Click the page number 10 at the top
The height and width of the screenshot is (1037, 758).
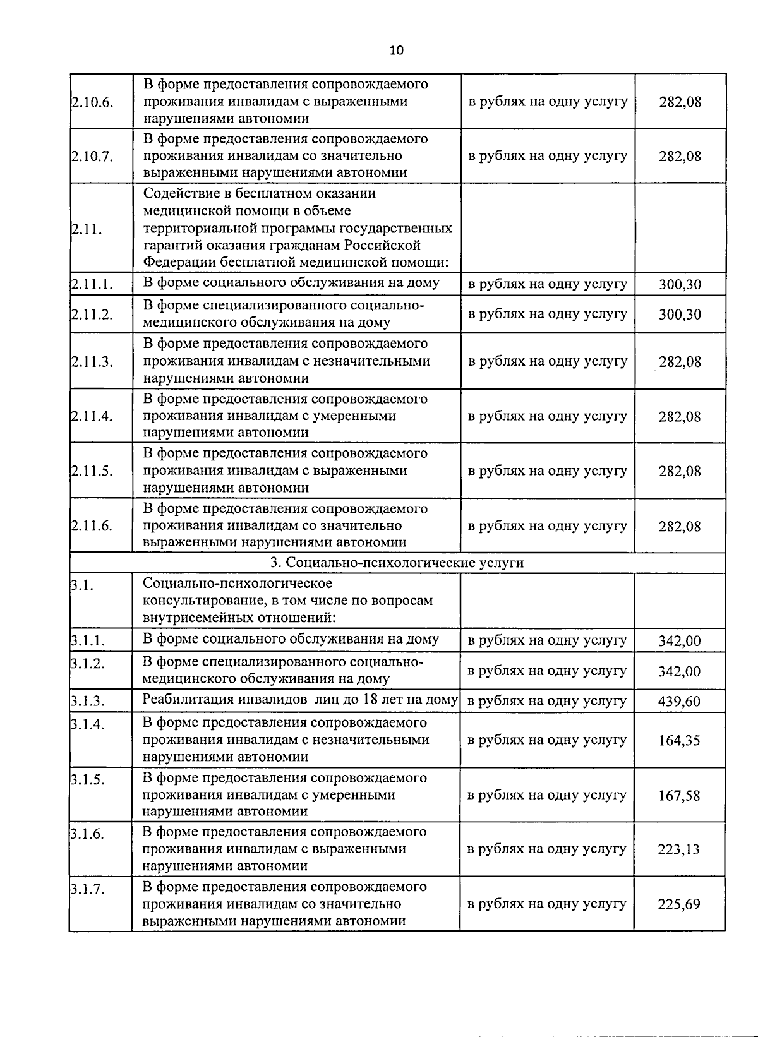(397, 51)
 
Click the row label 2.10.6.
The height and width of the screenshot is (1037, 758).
(92, 102)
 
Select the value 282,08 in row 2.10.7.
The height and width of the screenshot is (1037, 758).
(680, 156)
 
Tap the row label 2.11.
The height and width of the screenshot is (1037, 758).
(87, 229)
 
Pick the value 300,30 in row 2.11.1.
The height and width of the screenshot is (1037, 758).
(680, 284)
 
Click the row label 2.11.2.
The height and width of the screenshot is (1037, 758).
(92, 314)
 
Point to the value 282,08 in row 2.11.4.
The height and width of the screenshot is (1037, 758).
(680, 417)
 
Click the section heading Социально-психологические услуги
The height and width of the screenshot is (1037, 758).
(397, 563)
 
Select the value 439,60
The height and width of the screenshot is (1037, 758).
(679, 702)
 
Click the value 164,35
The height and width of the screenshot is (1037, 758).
(679, 740)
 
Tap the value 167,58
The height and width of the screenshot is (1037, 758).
(679, 796)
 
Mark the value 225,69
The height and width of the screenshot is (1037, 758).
(679, 904)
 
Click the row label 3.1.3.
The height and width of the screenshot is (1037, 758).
(87, 702)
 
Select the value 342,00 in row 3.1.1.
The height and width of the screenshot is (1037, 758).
(679, 641)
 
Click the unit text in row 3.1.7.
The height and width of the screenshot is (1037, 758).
(546, 904)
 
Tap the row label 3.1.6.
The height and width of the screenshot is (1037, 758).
(87, 834)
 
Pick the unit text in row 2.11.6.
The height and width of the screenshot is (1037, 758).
(547, 525)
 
